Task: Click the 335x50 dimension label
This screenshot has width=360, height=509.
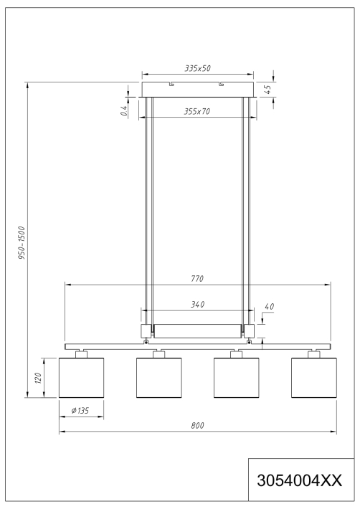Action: [199, 68]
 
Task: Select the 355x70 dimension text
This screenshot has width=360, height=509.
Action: [199, 112]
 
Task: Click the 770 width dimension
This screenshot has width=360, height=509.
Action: [199, 277]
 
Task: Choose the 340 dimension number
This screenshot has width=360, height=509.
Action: [199, 305]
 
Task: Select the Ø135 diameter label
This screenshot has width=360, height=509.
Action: [80, 411]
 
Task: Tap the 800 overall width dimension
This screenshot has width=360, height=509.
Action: [199, 425]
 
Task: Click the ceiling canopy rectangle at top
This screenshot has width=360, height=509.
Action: [199, 89]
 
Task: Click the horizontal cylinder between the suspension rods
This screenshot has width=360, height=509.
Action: [199, 331]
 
